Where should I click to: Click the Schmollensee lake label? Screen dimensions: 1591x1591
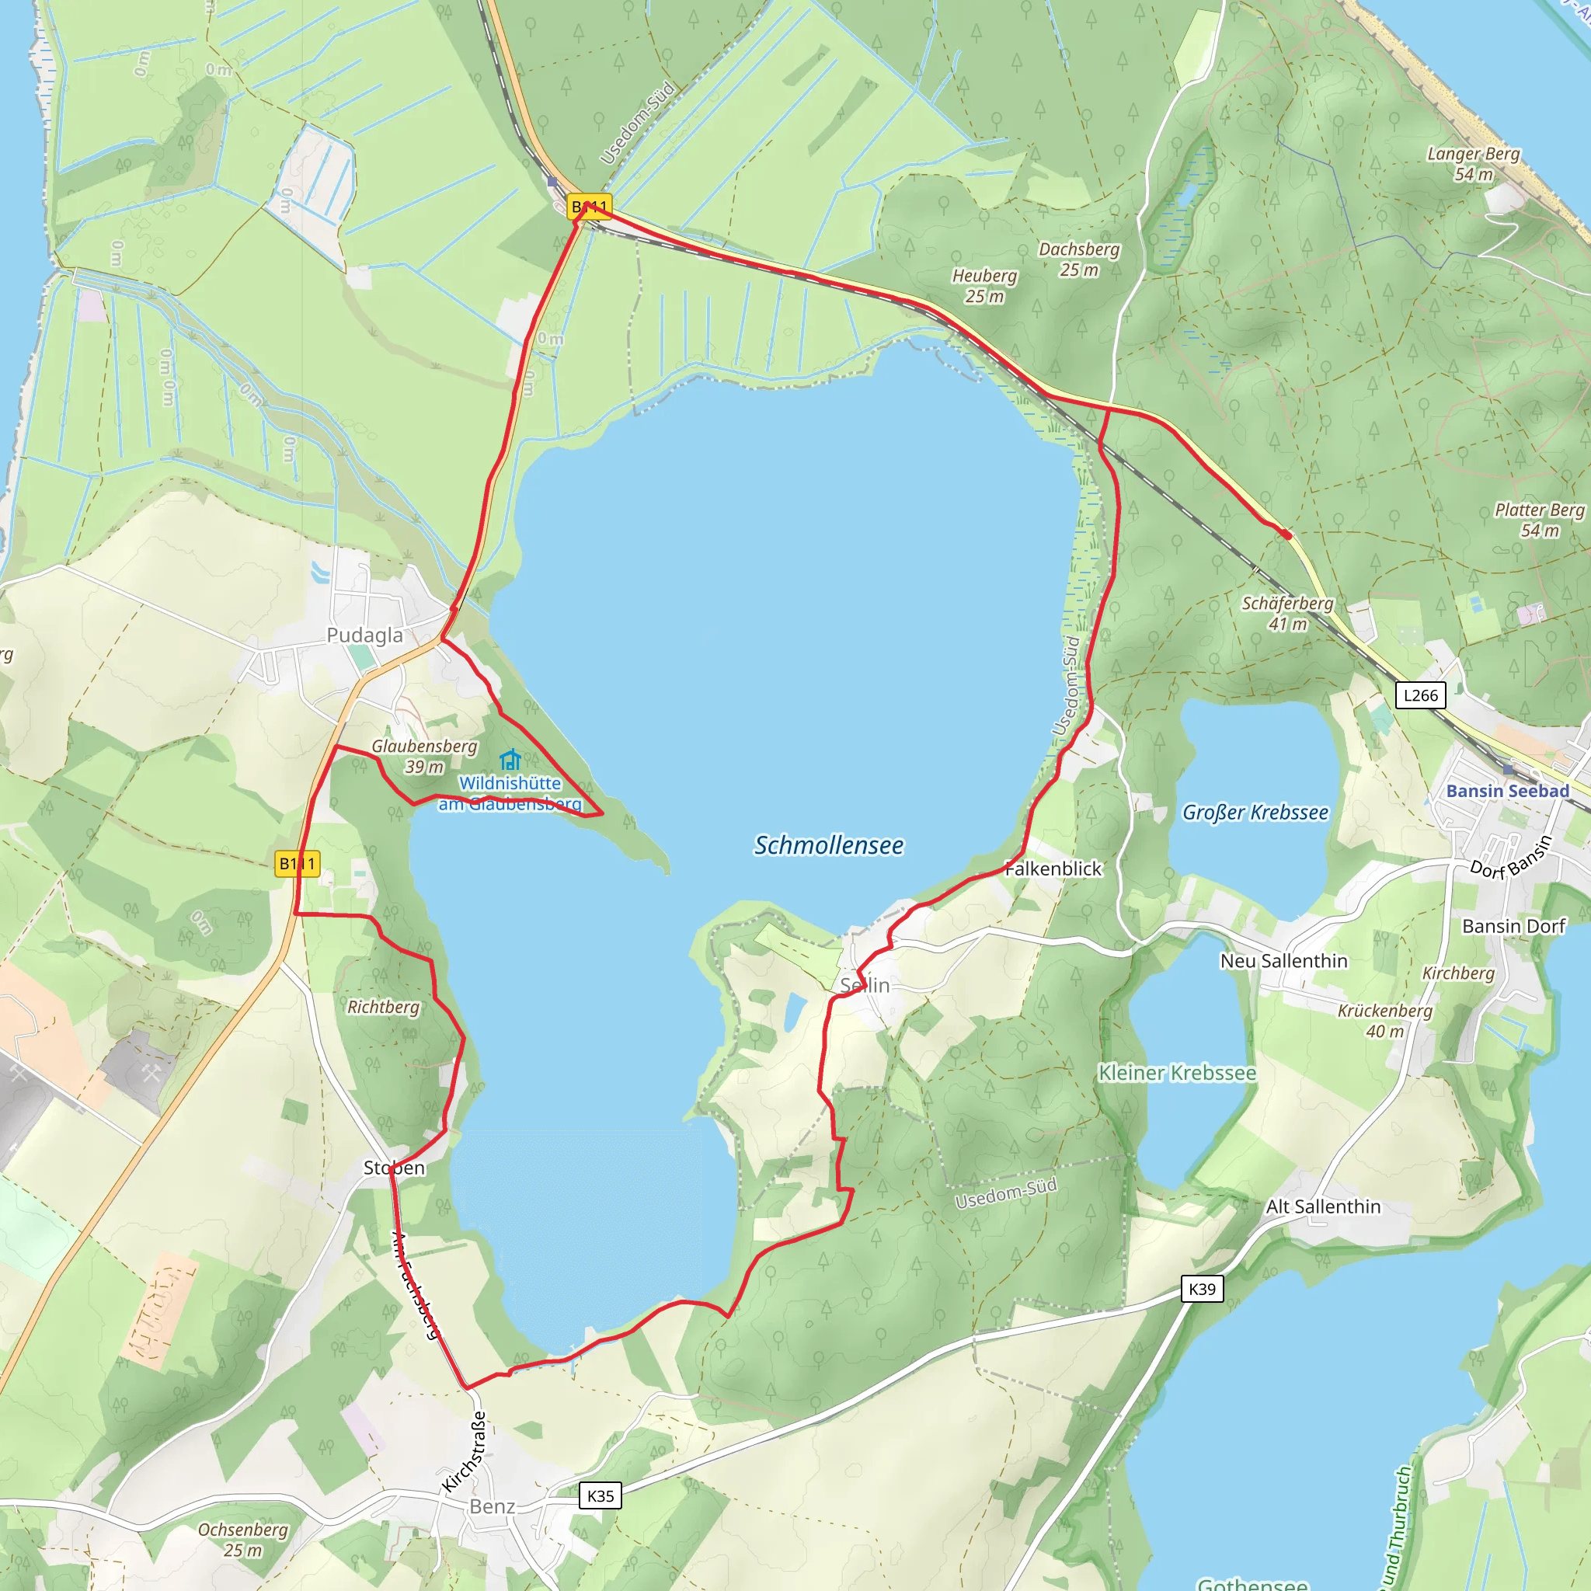[x=828, y=846]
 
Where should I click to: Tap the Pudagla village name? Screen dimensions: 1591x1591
[x=365, y=635]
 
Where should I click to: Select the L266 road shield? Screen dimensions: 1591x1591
[x=1421, y=695]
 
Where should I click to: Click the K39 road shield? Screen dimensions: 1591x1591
[x=1202, y=1289]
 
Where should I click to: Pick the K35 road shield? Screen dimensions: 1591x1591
[x=601, y=1495]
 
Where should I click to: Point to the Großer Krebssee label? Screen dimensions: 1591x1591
[x=1255, y=813]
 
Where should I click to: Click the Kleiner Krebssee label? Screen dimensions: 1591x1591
[x=1177, y=1073]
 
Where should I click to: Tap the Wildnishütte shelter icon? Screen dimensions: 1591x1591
[x=510, y=758]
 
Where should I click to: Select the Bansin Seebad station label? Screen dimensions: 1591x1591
[x=1507, y=791]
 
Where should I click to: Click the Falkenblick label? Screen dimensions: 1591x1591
[x=1053, y=869]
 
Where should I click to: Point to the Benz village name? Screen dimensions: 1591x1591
[x=493, y=1506]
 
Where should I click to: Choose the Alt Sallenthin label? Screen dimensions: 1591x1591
[x=1322, y=1206]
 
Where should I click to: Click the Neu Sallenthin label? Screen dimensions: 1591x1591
[x=1284, y=961]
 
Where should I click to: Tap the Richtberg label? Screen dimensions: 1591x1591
[x=383, y=1007]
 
